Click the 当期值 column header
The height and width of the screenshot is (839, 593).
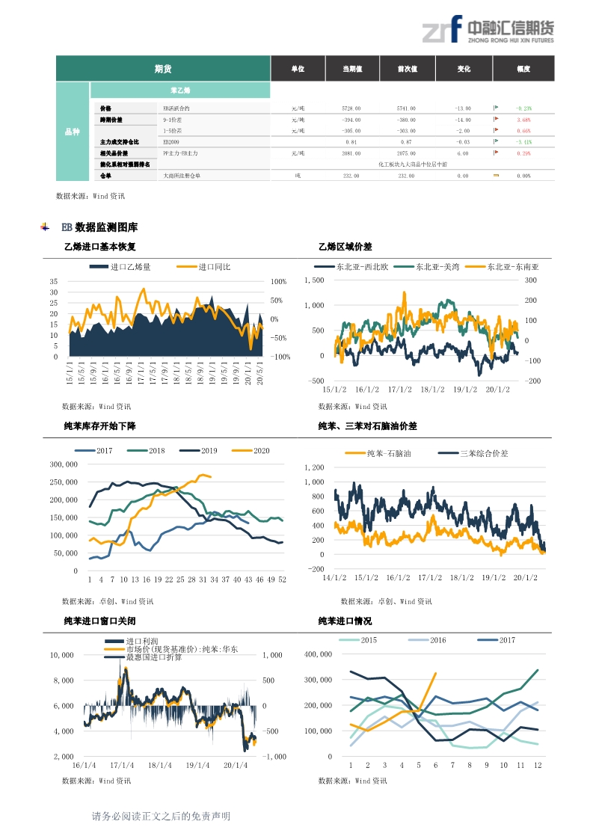(x=352, y=69)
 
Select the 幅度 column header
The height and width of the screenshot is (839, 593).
(x=523, y=69)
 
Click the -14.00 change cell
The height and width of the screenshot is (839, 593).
(x=463, y=120)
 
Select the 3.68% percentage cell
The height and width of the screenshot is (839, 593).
(x=523, y=120)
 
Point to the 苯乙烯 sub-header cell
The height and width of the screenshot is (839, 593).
(x=180, y=90)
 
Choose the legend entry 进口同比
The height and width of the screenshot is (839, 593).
(x=214, y=267)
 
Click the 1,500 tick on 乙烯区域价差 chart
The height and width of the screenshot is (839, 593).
(x=314, y=280)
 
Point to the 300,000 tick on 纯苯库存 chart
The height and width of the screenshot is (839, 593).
(x=64, y=464)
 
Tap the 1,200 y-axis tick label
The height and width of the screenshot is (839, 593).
(x=314, y=467)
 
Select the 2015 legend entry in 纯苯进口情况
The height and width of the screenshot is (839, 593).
(x=369, y=640)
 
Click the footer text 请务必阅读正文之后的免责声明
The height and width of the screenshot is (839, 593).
(x=161, y=817)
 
